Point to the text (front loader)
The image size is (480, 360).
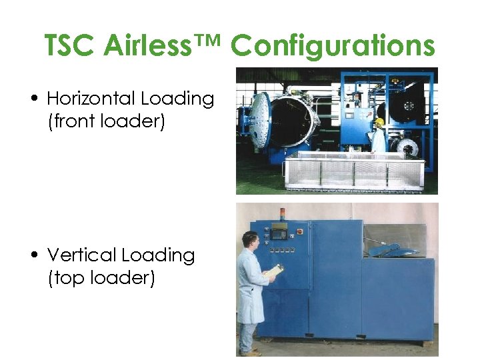pos(106,123)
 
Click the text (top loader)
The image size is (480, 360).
pos(101,278)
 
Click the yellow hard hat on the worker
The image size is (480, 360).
pos(379,122)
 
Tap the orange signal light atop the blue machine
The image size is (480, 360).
pos(281,213)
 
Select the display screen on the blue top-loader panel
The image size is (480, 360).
pos(280,234)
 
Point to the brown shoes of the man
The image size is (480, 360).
pos(251,353)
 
